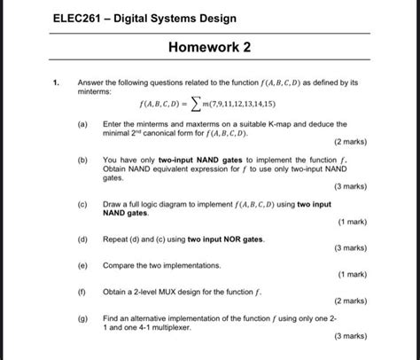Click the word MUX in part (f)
172,291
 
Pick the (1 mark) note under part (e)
352,274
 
